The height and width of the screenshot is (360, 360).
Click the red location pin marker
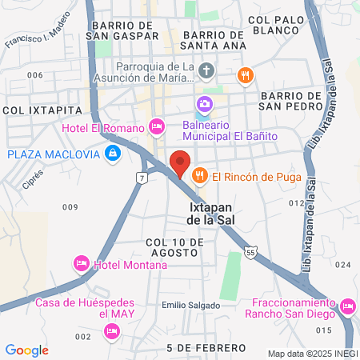pyautogui.click(x=181, y=162)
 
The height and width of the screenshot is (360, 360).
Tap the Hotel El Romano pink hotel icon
pyautogui.click(x=157, y=126)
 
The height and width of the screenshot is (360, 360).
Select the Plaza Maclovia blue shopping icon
pyautogui.click(x=114, y=153)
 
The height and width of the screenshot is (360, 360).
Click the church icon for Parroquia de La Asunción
pyautogui.click(x=207, y=70)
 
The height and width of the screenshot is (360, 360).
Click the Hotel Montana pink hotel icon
pyautogui.click(x=82, y=263)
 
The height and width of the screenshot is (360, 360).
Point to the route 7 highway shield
pyautogui.click(x=141, y=177)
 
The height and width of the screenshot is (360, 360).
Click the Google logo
pyautogui.click(x=27, y=350)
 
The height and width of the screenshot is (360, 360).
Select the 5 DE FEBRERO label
pyautogui.click(x=206, y=347)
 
